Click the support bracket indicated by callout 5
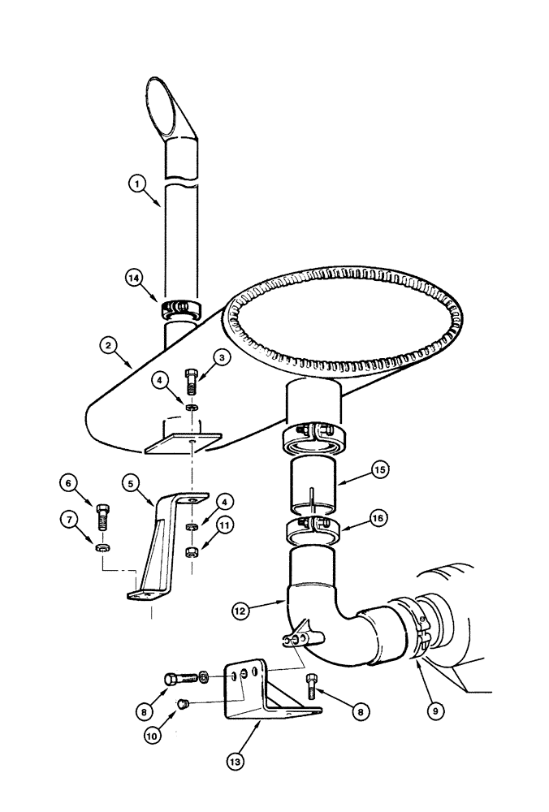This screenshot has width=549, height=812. [x=158, y=544]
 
